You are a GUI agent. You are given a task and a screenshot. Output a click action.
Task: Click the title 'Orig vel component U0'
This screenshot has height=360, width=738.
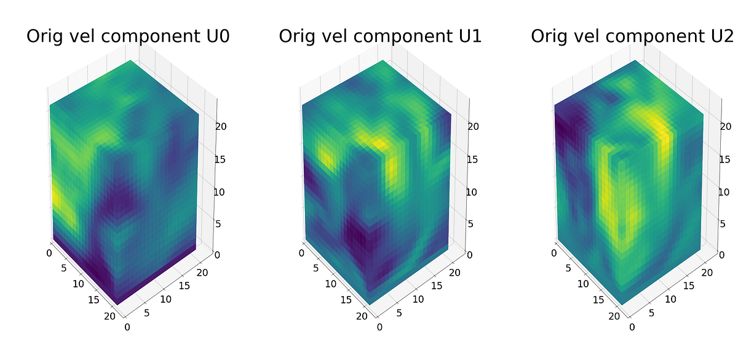[128, 37]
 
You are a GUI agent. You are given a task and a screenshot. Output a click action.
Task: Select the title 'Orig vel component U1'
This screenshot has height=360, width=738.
[380, 37]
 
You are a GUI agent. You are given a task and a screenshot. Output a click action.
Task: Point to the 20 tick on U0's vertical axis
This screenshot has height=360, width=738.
[220, 127]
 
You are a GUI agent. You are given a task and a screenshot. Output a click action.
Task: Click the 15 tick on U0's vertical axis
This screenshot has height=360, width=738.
[220, 159]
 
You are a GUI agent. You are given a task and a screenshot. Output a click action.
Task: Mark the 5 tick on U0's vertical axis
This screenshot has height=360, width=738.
[218, 223]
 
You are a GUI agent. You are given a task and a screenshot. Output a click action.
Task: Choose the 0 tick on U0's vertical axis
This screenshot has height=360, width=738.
[218, 255]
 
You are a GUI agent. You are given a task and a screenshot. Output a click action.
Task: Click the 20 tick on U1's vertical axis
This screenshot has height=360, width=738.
[472, 127]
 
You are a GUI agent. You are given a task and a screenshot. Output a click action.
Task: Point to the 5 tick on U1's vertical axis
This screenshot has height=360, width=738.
[470, 223]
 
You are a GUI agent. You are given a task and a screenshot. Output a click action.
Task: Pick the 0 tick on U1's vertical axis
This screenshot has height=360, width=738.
[470, 255]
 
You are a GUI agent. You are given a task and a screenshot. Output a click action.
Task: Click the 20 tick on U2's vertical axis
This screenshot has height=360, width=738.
[724, 127]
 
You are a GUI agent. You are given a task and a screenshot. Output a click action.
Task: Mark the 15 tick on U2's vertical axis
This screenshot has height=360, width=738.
[724, 159]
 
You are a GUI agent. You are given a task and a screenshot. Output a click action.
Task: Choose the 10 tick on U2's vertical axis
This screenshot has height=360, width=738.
[724, 191]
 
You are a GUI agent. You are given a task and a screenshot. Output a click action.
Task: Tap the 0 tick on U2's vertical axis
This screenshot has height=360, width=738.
[722, 255]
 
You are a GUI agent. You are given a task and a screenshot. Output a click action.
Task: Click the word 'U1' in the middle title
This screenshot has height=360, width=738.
[467, 37]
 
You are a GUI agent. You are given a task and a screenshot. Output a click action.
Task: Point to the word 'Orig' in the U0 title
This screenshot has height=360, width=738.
[46, 38]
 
